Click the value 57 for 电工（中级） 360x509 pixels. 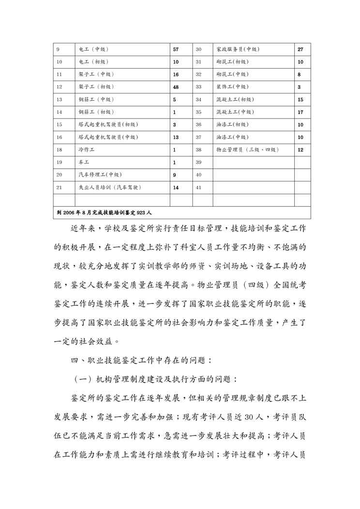pyautogui.click(x=176, y=49)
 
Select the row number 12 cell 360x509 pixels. pyautogui.click(x=60, y=87)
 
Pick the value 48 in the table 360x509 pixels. pyautogui.click(x=176, y=87)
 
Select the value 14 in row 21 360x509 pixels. pyautogui.click(x=176, y=187)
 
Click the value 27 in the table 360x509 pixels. pyautogui.click(x=300, y=49)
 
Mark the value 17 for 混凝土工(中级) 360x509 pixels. pyautogui.click(x=300, y=112)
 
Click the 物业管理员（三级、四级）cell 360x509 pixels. pyautogui.click(x=247, y=150)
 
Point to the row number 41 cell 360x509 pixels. pyautogui.click(x=198, y=187)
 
